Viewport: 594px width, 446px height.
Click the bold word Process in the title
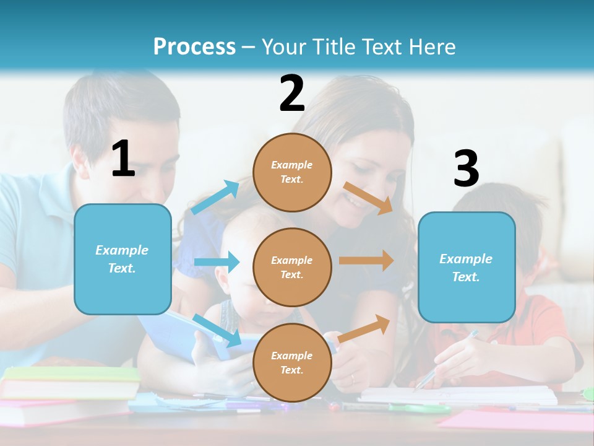tap(194, 47)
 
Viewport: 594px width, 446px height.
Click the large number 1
tap(123, 159)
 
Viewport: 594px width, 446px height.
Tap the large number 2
tap(292, 94)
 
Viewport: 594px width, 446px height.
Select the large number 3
tap(466, 170)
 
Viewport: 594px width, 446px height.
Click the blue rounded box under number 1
tap(123, 259)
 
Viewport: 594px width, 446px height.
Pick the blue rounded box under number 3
tap(467, 267)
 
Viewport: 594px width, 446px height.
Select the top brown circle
tap(292, 172)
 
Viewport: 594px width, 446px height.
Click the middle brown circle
tap(292, 267)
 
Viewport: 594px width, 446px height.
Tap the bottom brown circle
tap(292, 362)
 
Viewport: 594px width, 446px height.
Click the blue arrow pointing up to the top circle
tap(215, 198)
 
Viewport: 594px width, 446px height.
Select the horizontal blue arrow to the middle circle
tap(217, 262)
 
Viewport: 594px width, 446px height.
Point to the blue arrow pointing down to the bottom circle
tap(217, 330)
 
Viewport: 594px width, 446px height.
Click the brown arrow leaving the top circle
tap(369, 198)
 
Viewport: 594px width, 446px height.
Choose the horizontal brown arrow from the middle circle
tap(366, 261)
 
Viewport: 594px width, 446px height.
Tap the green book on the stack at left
tap(71, 374)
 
